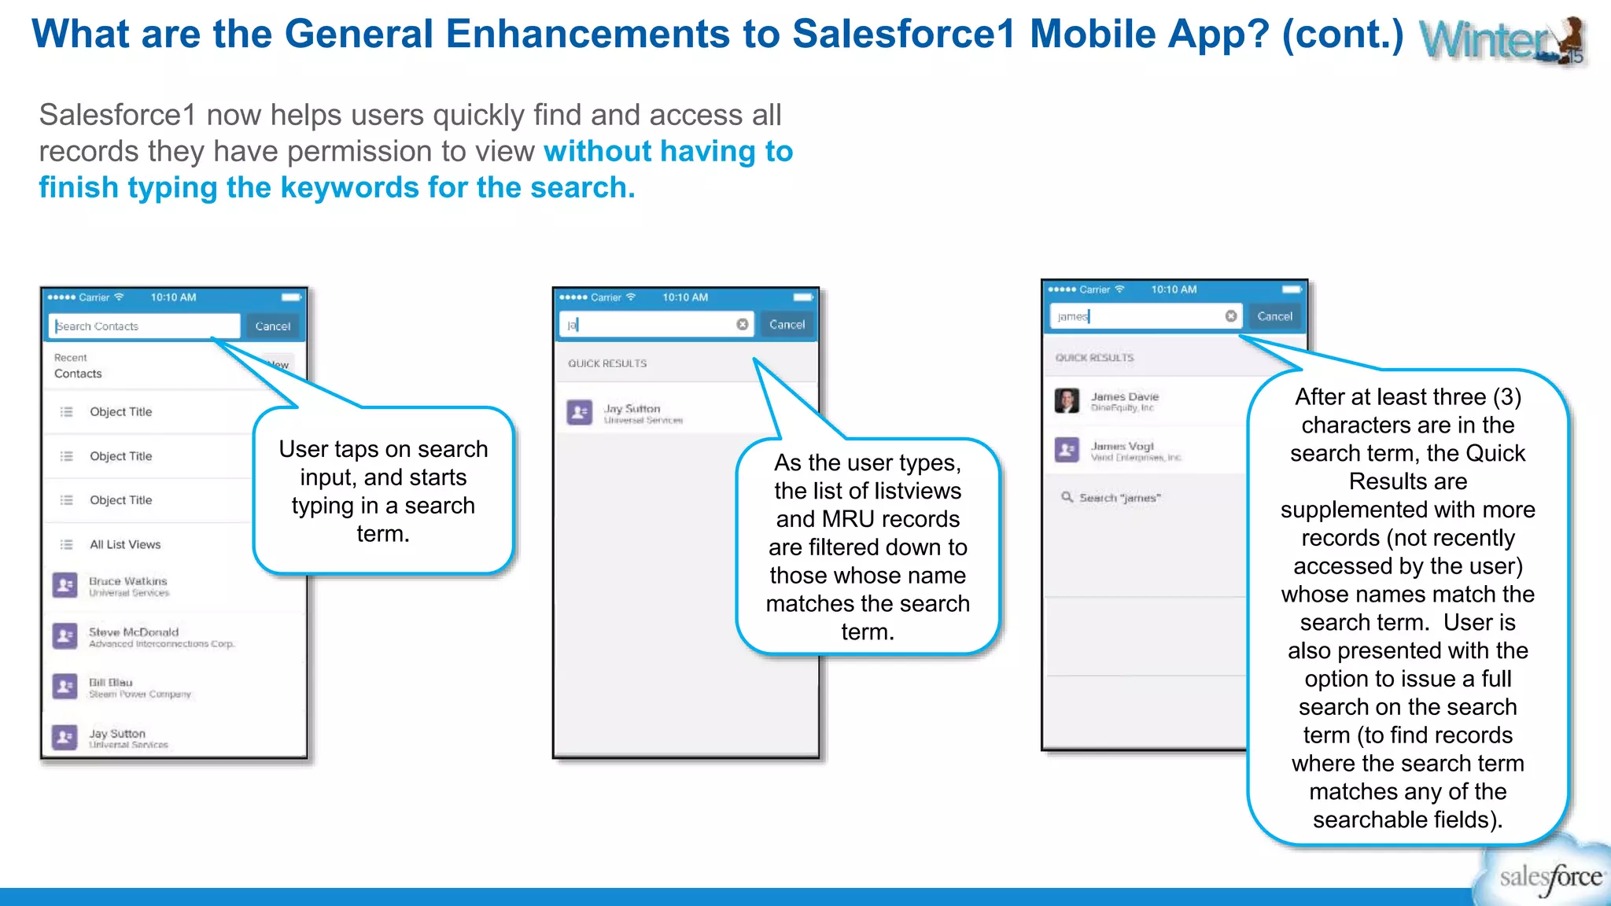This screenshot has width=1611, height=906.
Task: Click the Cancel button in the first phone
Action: (x=272, y=326)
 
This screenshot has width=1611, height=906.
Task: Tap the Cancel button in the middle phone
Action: (x=787, y=325)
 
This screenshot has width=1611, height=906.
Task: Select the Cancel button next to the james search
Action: (x=1274, y=316)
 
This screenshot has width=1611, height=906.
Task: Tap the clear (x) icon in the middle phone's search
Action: (x=742, y=325)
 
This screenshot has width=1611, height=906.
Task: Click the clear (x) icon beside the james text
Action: (x=1231, y=316)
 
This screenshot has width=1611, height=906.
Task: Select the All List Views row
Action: (x=125, y=544)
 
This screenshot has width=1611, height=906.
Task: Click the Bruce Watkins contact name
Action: (x=128, y=581)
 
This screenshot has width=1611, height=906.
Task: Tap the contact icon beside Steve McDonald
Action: (x=65, y=635)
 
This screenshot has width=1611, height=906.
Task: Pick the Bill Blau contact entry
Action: (x=111, y=683)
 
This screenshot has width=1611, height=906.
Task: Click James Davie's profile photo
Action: (x=1067, y=400)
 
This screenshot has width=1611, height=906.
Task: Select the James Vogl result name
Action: (x=1123, y=446)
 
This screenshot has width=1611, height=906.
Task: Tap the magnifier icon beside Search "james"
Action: (x=1067, y=497)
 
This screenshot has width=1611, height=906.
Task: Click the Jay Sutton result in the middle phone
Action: (x=632, y=409)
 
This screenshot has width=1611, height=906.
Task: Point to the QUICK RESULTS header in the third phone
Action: (x=1094, y=358)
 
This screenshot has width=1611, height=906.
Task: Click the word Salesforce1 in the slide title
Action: (x=903, y=35)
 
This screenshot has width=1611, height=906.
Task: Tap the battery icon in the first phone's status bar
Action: (x=291, y=297)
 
